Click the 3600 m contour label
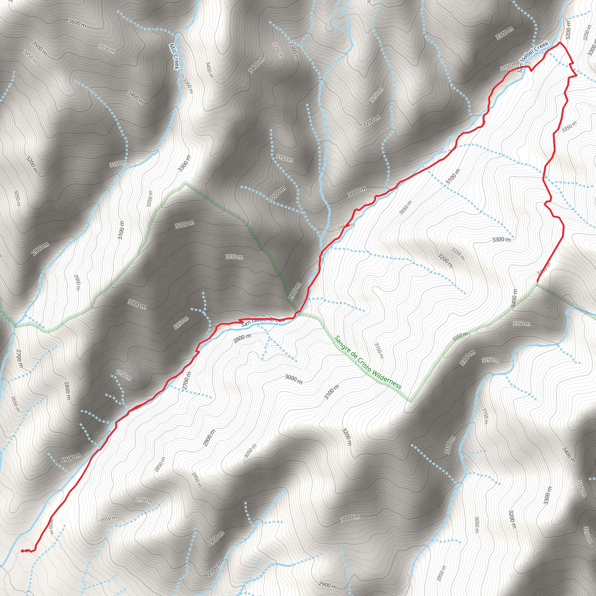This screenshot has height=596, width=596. [77, 23]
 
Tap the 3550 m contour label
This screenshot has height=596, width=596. [107, 48]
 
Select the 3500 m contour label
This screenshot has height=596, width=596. [40, 48]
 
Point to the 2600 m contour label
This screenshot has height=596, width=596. [71, 458]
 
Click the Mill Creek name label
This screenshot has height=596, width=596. [174, 56]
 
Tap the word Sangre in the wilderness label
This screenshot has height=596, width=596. [343, 345]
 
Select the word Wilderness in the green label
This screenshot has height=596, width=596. [386, 379]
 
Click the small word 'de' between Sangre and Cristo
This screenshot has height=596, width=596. [353, 354]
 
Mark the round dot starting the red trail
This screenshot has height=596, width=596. [22, 551]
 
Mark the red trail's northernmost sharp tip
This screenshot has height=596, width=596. [560, 42]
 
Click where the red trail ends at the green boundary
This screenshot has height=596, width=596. [537, 282]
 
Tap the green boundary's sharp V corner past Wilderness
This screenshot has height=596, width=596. [411, 402]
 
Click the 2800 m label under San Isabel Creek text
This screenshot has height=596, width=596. [242, 338]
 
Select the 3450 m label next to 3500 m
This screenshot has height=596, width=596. [30, 57]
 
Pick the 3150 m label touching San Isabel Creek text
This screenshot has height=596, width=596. [508, 66]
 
